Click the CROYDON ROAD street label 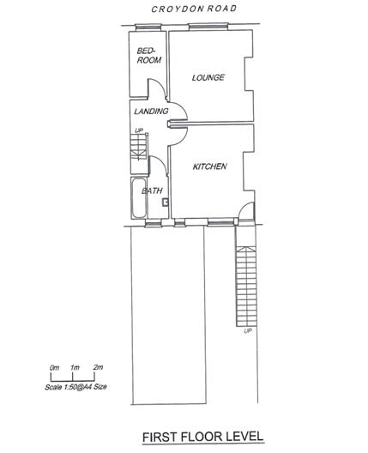pos(194,9)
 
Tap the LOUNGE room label pos(208,77)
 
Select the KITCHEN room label pos(209,166)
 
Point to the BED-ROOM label pos(149,56)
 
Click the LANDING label pos(151,111)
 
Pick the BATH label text pos(152,190)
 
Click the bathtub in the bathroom pos(139,198)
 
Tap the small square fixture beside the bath pos(166,202)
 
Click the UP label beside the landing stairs pos(139,130)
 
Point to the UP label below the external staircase pos(248,331)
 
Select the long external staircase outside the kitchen pos(246,287)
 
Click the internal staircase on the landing pos(139,147)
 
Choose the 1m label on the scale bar pos(75,368)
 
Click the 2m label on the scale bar pos(98,367)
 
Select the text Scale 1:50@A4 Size pos(75,387)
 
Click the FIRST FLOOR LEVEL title pos(202,437)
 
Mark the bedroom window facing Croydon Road pos(148,27)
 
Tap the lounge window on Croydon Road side pos(208,27)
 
